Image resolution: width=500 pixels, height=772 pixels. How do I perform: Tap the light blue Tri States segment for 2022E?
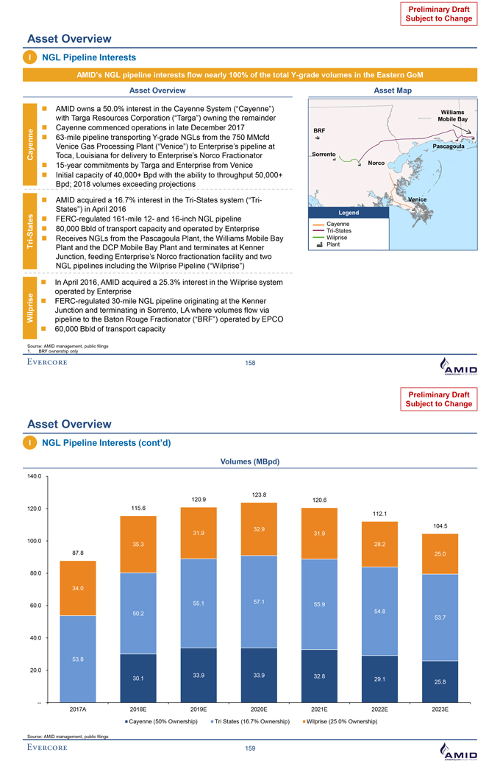[x=379, y=611]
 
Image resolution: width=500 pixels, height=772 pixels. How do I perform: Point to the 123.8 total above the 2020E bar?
[x=259, y=493]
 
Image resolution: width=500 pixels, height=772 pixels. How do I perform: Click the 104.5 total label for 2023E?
[x=440, y=525]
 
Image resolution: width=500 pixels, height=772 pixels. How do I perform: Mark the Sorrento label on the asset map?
[x=324, y=154]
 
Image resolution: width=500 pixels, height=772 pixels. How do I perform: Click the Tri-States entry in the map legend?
[x=339, y=231]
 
